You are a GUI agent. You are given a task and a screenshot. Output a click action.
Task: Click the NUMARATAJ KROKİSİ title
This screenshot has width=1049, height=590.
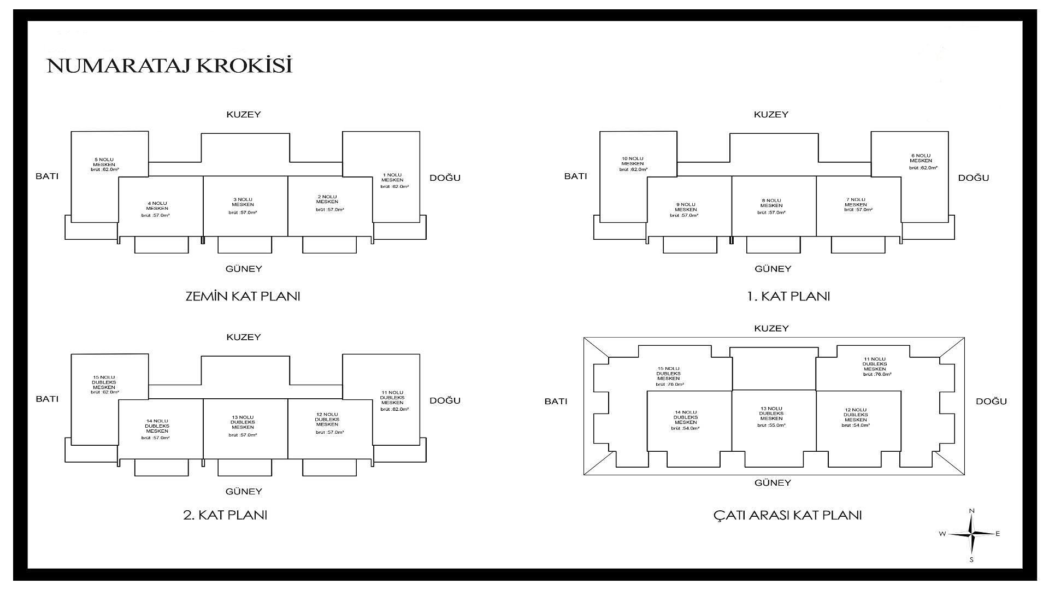(x=169, y=65)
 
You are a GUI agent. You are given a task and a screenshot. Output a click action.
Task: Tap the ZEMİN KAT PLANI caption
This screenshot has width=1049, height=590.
(x=243, y=297)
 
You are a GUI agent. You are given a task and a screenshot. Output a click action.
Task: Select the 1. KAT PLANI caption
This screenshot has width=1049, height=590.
(x=788, y=297)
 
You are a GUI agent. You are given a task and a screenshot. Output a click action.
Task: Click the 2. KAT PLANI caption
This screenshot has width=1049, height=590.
(x=225, y=515)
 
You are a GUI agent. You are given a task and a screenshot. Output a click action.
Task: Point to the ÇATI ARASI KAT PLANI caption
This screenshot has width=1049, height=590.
(x=787, y=515)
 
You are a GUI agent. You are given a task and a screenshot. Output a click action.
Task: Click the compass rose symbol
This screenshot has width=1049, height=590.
(x=971, y=534)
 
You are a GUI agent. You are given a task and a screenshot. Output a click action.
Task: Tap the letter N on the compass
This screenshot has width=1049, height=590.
(x=971, y=511)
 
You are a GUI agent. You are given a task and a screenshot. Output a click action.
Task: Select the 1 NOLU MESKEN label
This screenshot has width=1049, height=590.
(x=392, y=178)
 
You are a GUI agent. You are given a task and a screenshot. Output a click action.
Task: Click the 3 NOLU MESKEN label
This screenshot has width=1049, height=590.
(x=242, y=202)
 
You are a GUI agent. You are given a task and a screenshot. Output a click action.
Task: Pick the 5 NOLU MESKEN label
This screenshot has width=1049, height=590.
(x=103, y=162)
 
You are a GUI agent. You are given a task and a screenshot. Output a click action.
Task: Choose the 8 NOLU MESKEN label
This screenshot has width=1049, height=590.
(x=771, y=203)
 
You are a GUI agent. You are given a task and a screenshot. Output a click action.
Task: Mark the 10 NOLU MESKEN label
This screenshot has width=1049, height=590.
(x=632, y=161)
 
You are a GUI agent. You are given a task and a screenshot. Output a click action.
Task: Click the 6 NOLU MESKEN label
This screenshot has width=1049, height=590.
(x=921, y=158)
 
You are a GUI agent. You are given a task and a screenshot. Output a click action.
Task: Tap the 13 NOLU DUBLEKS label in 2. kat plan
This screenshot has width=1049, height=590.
(x=243, y=422)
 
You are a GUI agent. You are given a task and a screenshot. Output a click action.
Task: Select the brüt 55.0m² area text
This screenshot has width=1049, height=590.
(x=771, y=425)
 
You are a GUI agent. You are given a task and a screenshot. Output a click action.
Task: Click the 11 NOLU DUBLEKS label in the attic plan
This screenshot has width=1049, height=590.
(x=875, y=364)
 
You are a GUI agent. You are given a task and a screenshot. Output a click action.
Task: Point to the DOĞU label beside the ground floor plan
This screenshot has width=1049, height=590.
(x=445, y=178)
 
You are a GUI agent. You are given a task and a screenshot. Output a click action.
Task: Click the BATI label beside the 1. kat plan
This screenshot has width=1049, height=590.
(x=575, y=176)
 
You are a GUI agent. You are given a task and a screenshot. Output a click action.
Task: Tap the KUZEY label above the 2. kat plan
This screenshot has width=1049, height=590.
(x=244, y=337)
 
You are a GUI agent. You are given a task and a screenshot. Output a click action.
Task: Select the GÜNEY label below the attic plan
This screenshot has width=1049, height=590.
(x=773, y=483)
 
